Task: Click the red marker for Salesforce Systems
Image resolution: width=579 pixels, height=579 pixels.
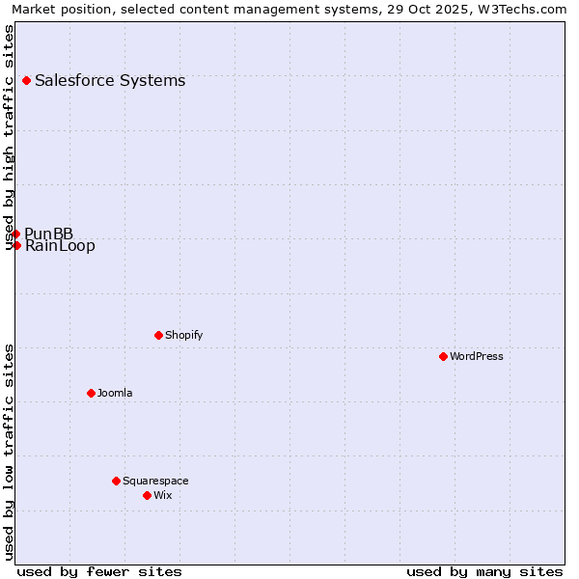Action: point(26,80)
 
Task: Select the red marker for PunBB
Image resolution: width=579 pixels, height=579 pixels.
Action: point(15,234)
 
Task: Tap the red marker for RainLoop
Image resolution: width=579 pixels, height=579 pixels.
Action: point(16,245)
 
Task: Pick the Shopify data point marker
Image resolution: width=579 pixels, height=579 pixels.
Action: point(158,335)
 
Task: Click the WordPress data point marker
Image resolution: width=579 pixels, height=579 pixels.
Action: point(443,356)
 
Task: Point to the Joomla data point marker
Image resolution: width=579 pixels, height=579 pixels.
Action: point(91,393)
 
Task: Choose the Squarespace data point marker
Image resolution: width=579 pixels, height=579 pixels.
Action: point(116,481)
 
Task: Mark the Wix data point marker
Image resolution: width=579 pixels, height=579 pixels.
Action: point(147,495)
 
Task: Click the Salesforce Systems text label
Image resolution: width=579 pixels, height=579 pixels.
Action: point(110,81)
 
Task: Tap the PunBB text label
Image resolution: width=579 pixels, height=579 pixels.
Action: point(49,234)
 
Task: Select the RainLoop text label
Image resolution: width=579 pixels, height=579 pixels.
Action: point(60,246)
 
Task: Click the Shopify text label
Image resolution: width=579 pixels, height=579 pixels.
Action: point(183,336)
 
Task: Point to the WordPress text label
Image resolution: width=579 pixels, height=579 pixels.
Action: point(477,357)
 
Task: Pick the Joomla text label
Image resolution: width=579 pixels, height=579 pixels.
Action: point(115,394)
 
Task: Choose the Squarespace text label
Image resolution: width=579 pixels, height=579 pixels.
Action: point(155,482)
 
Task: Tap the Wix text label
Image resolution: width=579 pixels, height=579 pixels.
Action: point(162,496)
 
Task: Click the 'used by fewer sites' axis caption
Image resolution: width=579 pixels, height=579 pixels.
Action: point(99,571)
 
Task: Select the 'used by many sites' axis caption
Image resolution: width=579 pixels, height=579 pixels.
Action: point(484,571)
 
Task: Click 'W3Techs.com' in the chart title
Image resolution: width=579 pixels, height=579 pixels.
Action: point(525,10)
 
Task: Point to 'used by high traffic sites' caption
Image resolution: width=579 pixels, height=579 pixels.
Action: point(10,137)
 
